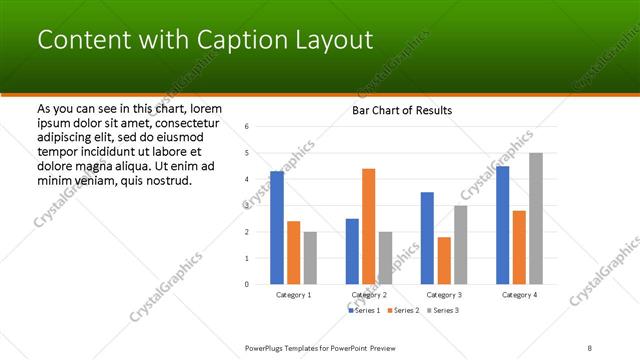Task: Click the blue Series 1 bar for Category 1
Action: (276, 228)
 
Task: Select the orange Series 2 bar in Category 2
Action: (368, 226)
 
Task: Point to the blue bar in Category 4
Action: (502, 225)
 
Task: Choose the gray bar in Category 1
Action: (310, 258)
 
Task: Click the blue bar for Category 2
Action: (352, 251)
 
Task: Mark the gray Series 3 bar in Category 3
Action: (460, 245)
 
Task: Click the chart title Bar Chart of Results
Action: (402, 110)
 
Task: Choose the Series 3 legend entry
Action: (444, 311)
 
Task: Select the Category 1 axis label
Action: (293, 295)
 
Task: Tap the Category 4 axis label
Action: (518, 295)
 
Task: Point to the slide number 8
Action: (590, 347)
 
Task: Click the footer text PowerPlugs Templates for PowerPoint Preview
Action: (329, 347)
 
